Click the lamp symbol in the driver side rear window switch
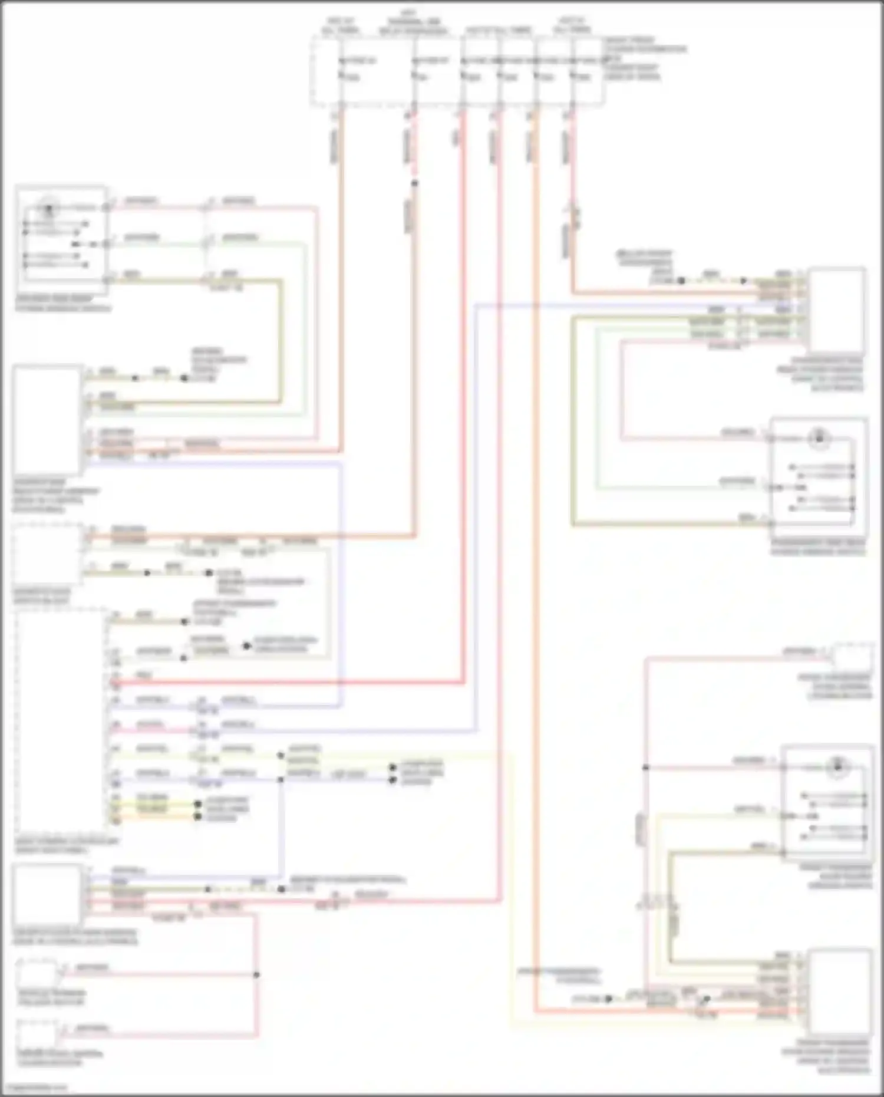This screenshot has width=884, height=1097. [x=49, y=207]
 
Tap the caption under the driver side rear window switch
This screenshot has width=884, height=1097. [x=62, y=303]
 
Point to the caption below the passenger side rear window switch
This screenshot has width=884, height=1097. [x=818, y=547]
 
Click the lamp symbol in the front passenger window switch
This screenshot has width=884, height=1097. [x=837, y=767]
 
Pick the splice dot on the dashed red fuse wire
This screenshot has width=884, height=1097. [x=414, y=183]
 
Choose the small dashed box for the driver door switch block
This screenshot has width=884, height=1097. [x=48, y=554]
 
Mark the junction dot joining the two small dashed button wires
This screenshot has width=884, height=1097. [x=256, y=974]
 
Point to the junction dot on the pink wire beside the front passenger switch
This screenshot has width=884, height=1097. [x=646, y=767]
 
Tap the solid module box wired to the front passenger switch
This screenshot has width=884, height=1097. [x=840, y=992]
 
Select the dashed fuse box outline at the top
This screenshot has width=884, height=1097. [x=457, y=71]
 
